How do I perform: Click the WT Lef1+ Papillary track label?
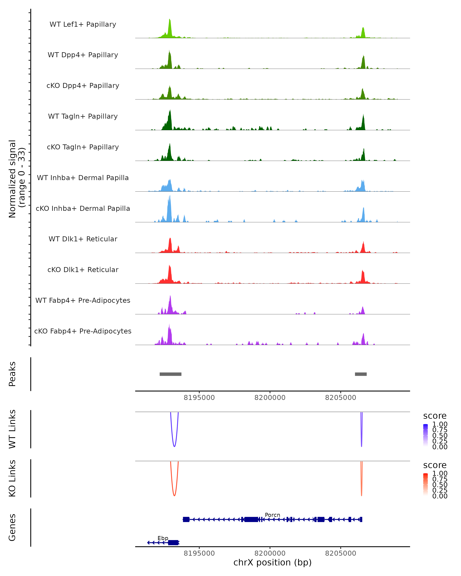click(83, 24)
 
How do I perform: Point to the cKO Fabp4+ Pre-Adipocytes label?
click(83, 331)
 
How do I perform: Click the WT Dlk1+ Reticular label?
click(83, 239)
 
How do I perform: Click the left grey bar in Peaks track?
click(171, 374)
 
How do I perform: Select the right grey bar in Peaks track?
click(361, 374)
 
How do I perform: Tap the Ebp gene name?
click(163, 538)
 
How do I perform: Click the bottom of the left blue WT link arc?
click(174, 446)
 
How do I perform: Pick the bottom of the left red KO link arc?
click(174, 496)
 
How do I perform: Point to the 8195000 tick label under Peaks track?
click(199, 398)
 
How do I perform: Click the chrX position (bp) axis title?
click(272, 562)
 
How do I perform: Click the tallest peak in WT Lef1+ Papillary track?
click(169, 20)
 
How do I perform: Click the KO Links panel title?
click(12, 478)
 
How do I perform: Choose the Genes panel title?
click(12, 527)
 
